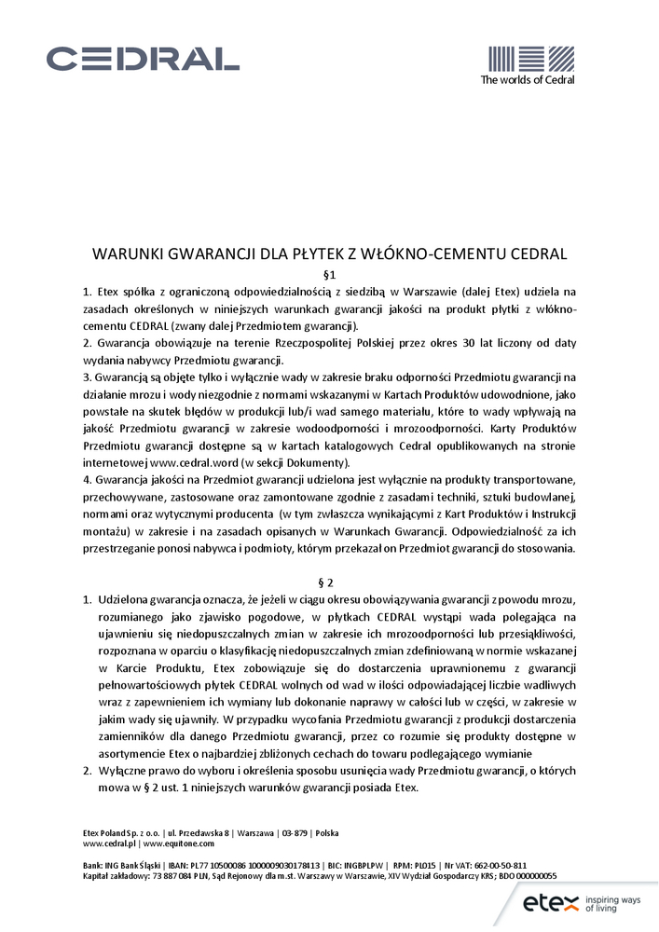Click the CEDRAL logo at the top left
(x=143, y=60)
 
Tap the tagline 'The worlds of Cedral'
(x=527, y=80)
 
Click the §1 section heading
(x=328, y=275)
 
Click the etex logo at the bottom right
(x=551, y=902)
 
